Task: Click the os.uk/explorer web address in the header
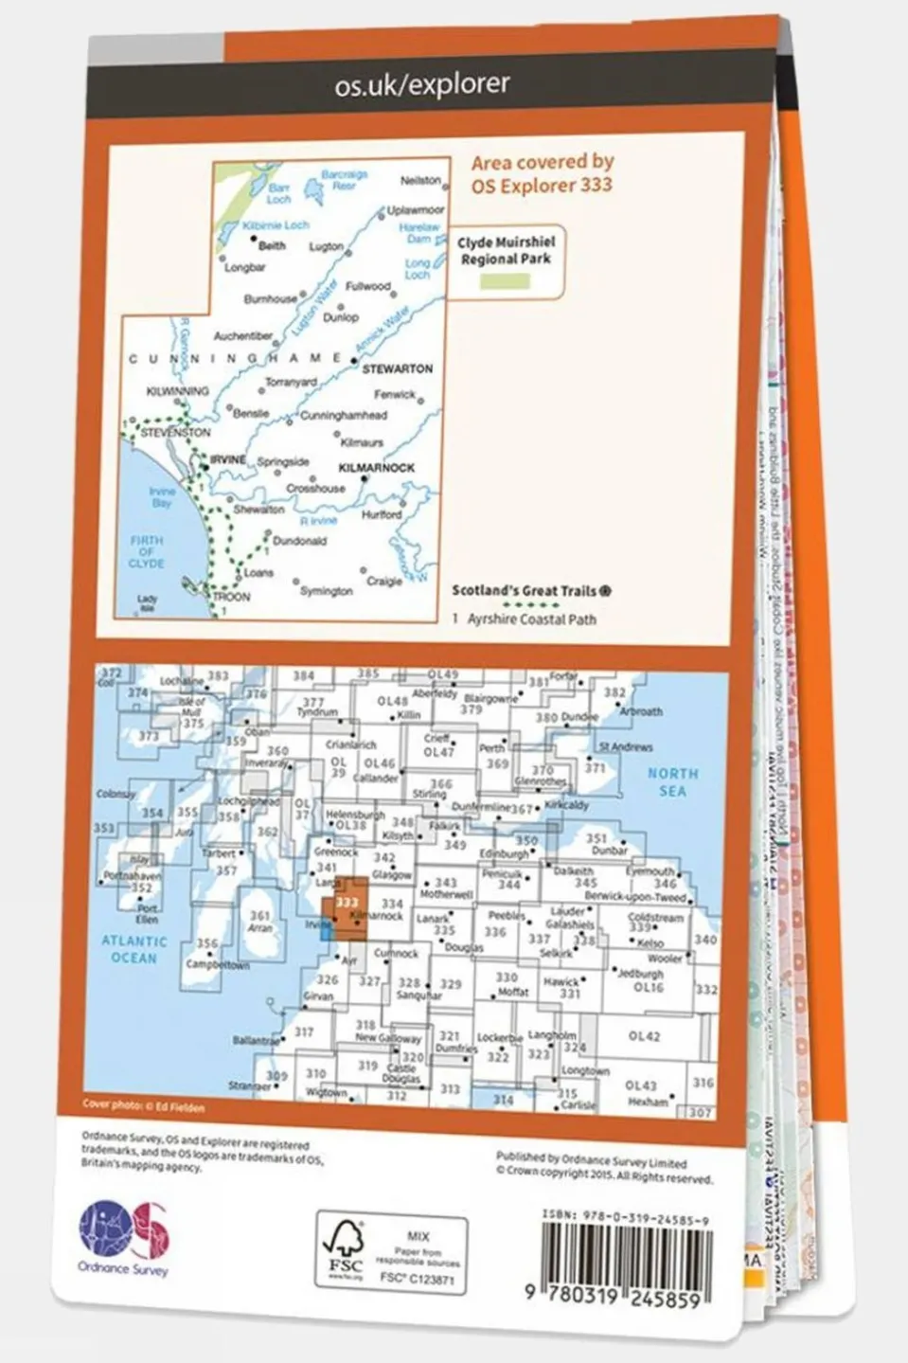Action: click(422, 84)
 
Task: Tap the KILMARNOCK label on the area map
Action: click(377, 468)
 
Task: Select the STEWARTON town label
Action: click(398, 368)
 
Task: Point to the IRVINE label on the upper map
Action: click(228, 459)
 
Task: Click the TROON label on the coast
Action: click(231, 597)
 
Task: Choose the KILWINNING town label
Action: click(178, 391)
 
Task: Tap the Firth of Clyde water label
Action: click(147, 551)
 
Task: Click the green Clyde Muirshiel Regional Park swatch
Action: click(505, 281)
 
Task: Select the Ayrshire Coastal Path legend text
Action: click(531, 619)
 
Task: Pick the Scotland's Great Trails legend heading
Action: click(525, 591)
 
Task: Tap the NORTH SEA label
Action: click(672, 782)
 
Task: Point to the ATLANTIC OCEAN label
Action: click(134, 949)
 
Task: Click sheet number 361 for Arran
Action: click(259, 915)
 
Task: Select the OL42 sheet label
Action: click(644, 1036)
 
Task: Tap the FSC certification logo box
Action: click(391, 1252)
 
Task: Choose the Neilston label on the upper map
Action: click(420, 180)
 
